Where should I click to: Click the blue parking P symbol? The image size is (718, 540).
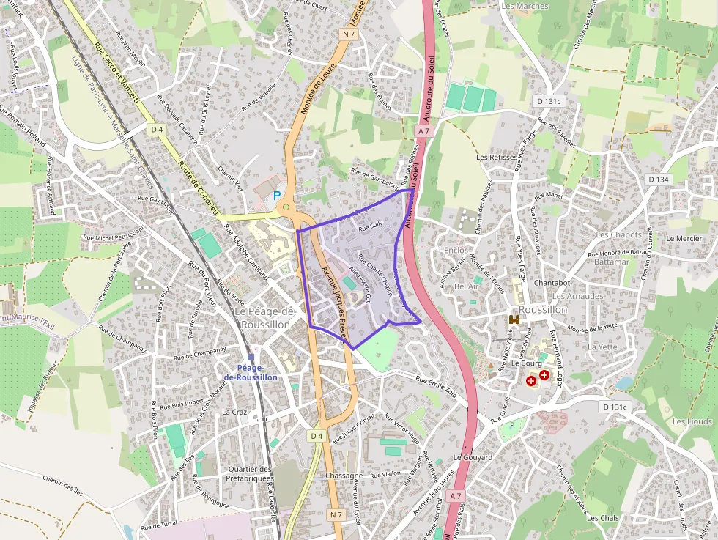(277, 196)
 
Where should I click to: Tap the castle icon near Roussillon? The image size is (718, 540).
(514, 320)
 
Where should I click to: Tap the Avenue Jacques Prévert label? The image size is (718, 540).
(333, 301)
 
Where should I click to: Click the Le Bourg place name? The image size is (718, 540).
(525, 363)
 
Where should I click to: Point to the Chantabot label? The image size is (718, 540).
(552, 282)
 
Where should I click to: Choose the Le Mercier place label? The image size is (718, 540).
(684, 238)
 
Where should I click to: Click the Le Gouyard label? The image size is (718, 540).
(473, 457)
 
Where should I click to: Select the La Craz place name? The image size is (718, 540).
(234, 412)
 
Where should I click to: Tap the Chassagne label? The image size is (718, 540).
(344, 476)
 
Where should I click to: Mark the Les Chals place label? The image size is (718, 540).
(603, 518)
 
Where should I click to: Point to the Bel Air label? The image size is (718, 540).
(466, 286)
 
